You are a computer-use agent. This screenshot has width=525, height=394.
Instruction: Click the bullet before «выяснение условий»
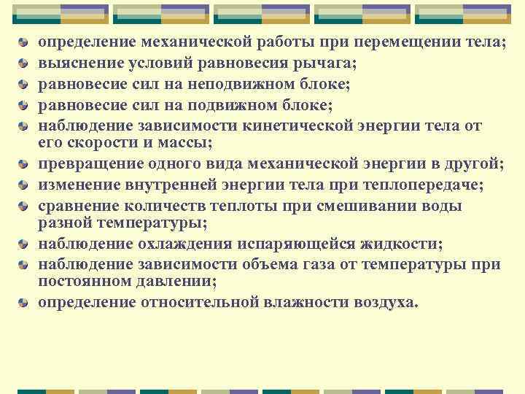24,64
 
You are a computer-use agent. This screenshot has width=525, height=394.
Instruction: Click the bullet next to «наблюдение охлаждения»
24,243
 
